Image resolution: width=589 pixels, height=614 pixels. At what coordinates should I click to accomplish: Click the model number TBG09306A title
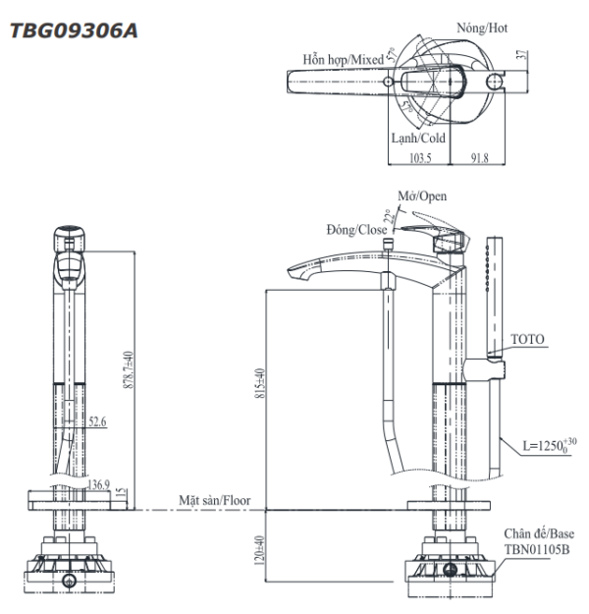[74, 31]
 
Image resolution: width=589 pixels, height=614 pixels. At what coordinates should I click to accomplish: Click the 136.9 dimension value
[98, 484]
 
